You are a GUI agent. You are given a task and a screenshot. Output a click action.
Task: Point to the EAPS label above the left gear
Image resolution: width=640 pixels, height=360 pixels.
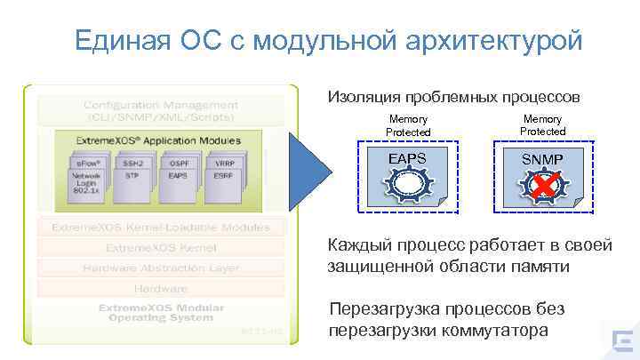tap(408, 158)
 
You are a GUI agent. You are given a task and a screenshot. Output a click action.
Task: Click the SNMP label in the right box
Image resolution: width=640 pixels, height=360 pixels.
tap(541, 158)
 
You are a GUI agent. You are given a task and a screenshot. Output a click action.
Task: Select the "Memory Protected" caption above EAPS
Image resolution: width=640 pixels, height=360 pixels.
tap(408, 125)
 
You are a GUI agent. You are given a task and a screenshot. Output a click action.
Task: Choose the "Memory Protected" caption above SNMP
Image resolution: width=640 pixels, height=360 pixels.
tap(542, 124)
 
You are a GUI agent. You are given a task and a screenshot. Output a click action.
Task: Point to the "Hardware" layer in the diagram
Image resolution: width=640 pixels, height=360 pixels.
tap(160, 289)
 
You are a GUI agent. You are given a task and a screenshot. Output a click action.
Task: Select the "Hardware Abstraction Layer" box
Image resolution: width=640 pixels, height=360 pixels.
tap(160, 268)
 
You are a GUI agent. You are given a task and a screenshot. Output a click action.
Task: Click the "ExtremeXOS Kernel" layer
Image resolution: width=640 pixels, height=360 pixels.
tap(160, 247)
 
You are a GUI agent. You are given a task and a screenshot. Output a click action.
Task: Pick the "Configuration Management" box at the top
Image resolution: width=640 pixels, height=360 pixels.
tap(160, 110)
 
